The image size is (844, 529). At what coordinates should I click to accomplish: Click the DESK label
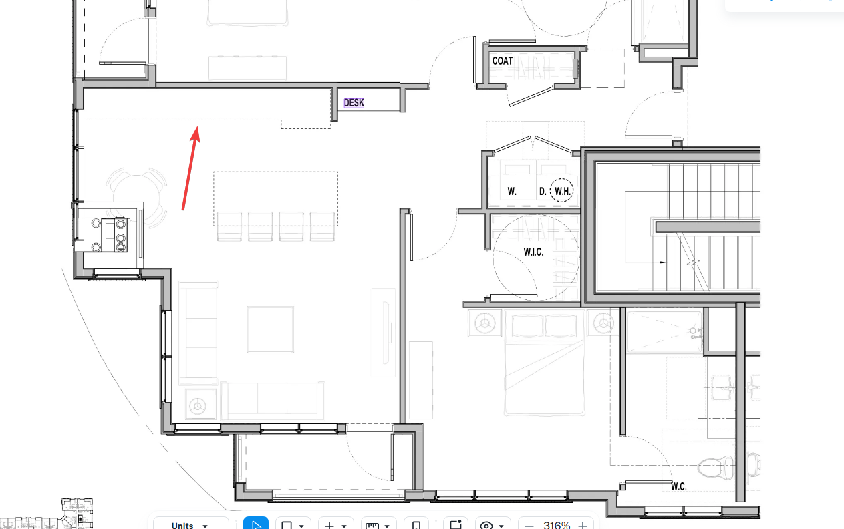tap(354, 103)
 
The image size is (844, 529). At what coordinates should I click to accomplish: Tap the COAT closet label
tap(503, 61)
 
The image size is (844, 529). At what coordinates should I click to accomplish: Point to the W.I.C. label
tap(533, 252)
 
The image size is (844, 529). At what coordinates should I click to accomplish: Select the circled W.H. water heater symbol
tap(562, 190)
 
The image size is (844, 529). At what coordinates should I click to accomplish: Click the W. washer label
tap(512, 192)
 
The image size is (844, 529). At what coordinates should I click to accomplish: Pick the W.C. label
tap(679, 486)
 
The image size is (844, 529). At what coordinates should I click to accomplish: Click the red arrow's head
tap(196, 134)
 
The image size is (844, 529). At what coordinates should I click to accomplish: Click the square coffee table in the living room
tap(271, 329)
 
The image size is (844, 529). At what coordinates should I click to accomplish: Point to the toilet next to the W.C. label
tap(716, 468)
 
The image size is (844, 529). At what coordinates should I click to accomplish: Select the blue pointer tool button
tap(256, 524)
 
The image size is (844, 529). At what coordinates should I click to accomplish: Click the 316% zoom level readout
tap(557, 525)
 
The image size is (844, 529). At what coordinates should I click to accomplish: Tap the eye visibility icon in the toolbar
tap(486, 525)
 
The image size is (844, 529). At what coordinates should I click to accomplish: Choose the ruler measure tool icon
tap(372, 526)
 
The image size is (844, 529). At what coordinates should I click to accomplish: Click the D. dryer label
tap(543, 192)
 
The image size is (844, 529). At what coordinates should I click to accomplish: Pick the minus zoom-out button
tap(529, 526)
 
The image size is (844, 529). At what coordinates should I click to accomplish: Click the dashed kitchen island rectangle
tap(275, 172)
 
